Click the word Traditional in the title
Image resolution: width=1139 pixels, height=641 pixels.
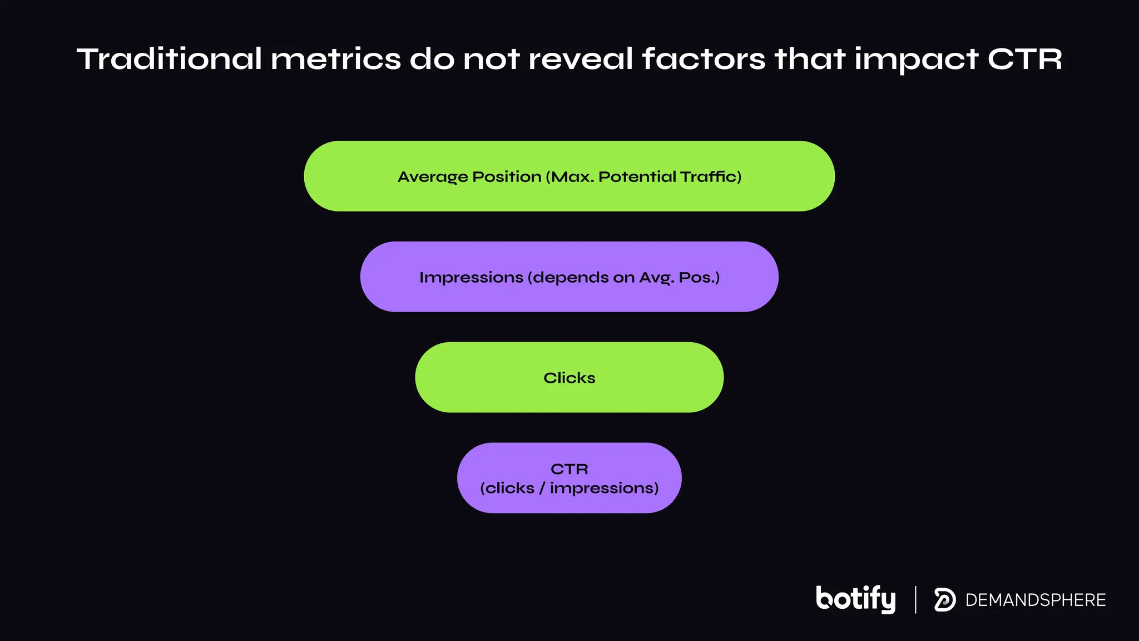(169, 59)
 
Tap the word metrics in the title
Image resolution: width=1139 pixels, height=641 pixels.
(335, 59)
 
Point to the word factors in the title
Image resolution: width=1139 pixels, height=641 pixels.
(704, 59)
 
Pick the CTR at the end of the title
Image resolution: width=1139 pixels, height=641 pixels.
(1024, 59)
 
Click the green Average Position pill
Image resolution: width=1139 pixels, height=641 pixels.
(569, 176)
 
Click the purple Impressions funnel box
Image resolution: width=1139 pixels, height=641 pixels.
(569, 277)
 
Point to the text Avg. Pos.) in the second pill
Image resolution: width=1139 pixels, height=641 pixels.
(679, 277)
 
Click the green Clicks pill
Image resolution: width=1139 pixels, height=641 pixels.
(569, 378)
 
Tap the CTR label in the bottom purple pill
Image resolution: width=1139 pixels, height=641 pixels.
(569, 469)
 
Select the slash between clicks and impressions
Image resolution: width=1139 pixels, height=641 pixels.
(542, 488)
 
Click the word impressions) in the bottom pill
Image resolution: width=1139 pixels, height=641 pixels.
(604, 489)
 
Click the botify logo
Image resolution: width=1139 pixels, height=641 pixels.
(855, 599)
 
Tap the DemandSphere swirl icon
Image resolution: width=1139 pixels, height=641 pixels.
(944, 600)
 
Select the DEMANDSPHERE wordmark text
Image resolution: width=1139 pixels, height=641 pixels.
(1036, 600)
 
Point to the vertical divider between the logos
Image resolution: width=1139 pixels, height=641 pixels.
(915, 599)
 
